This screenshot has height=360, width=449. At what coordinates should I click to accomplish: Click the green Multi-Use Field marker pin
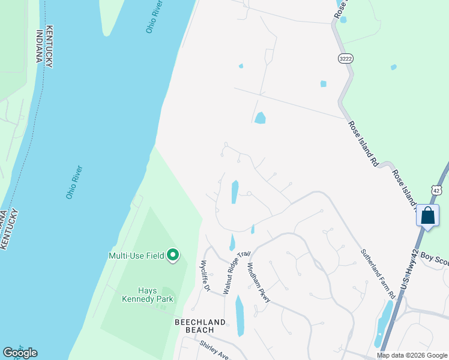(173, 256)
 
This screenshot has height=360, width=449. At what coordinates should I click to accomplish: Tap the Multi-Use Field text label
(136, 256)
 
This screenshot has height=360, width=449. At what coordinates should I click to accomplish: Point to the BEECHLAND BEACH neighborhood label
(200, 326)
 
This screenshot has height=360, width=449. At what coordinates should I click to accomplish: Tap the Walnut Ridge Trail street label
(235, 272)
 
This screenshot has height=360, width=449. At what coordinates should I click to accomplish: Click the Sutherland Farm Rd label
(378, 274)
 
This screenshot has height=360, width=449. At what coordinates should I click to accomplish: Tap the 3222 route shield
(345, 58)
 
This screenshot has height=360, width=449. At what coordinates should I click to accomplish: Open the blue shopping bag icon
(427, 215)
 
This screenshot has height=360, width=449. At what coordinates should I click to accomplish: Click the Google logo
(20, 353)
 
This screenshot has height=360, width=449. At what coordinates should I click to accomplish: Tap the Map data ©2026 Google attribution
(412, 355)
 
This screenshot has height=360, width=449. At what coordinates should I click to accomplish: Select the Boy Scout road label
(434, 258)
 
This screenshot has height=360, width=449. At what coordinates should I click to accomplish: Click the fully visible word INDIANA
(40, 46)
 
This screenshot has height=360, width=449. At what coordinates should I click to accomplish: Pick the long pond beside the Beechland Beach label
(240, 315)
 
